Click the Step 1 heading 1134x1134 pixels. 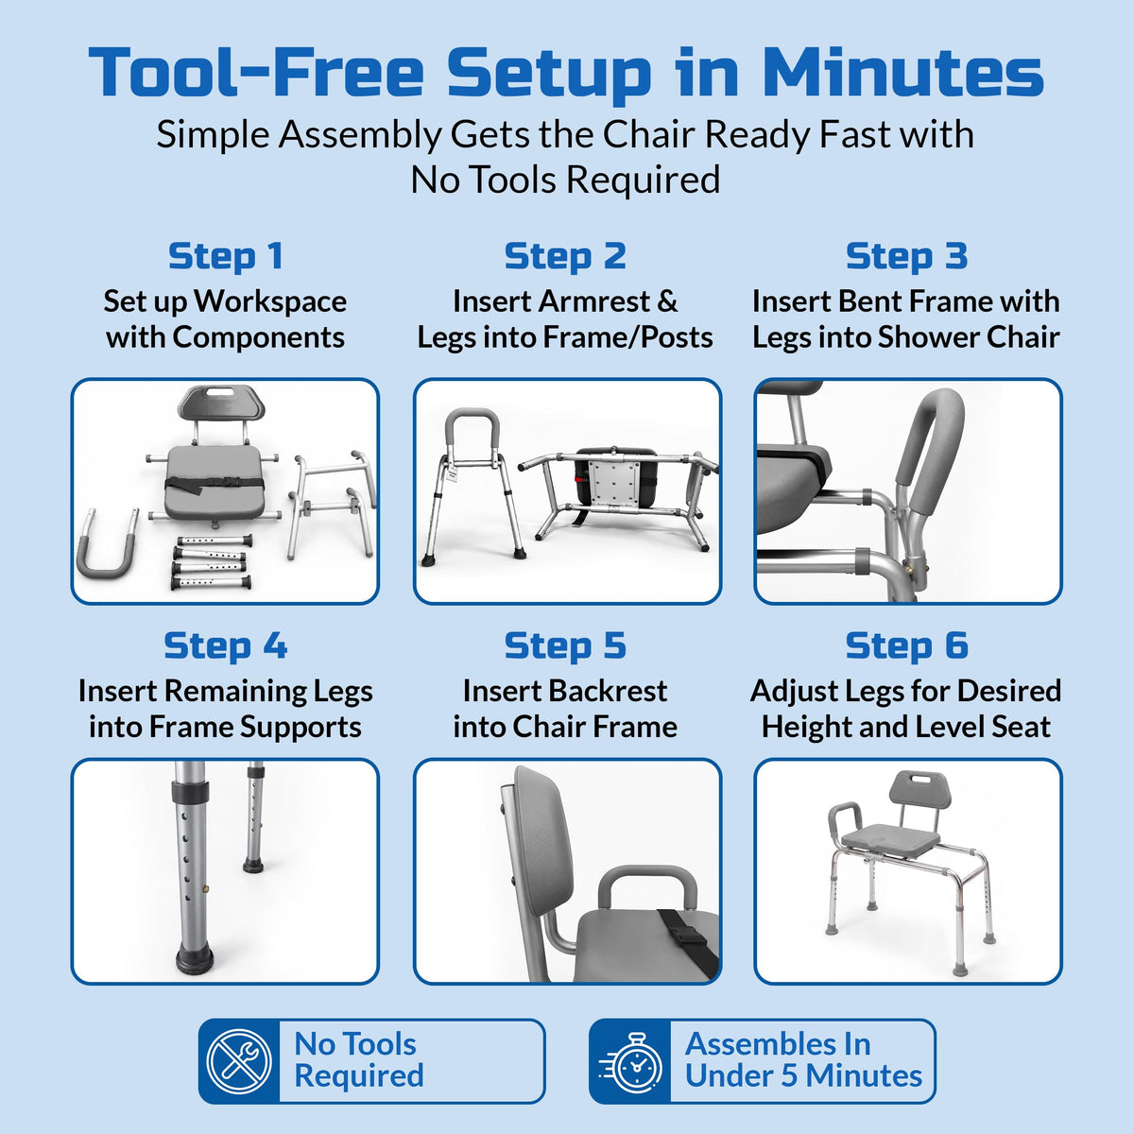(226, 257)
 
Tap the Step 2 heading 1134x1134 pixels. (565, 257)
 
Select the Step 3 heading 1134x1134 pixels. (907, 257)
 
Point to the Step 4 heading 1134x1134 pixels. (226, 646)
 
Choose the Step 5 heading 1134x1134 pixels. (565, 646)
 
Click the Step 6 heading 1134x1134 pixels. (907, 646)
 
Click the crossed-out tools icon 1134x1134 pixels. (239, 1061)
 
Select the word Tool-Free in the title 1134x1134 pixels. (256, 72)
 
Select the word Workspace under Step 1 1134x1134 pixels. (270, 301)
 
